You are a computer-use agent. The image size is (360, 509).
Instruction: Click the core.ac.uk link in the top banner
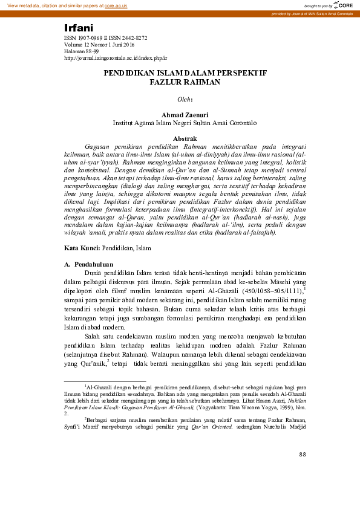[x=116, y=5]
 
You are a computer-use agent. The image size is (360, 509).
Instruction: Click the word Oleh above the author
[x=183, y=99]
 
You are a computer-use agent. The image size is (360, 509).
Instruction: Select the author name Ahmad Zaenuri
[x=180, y=114]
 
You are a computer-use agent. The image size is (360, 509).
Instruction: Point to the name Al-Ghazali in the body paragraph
[x=218, y=291]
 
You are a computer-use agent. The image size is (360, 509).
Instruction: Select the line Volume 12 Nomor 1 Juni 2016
[x=99, y=45]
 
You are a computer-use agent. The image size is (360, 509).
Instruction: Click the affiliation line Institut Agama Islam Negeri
[x=180, y=122]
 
